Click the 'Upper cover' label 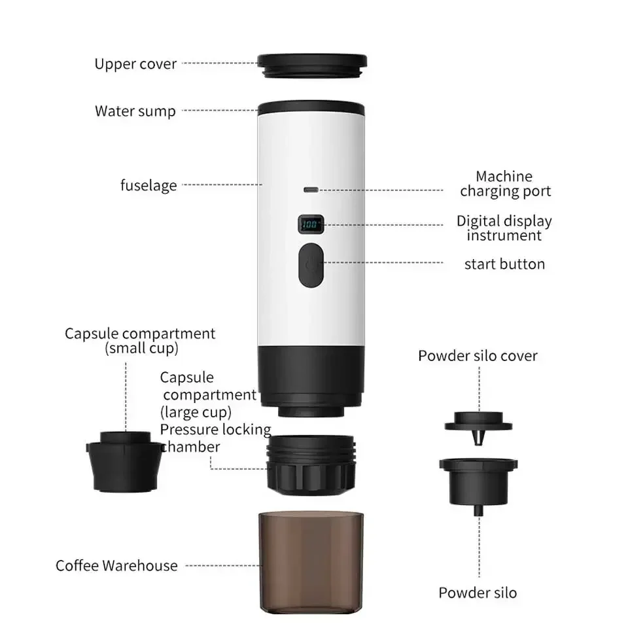click(x=135, y=64)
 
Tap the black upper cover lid click(x=311, y=63)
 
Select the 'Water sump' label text click(x=135, y=111)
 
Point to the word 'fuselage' click(x=148, y=185)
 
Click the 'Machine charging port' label click(x=505, y=184)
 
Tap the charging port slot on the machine click(x=311, y=190)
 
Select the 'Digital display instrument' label click(x=504, y=228)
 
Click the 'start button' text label click(x=504, y=264)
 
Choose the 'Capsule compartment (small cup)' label click(x=140, y=340)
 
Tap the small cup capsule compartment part click(x=124, y=461)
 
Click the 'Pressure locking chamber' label click(x=216, y=438)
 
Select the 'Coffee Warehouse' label click(x=116, y=566)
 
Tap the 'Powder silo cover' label click(x=478, y=357)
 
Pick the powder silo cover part click(x=478, y=425)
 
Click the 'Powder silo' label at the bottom click(x=478, y=593)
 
